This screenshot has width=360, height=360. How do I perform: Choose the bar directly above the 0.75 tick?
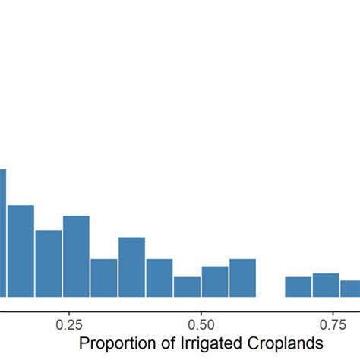pos(326,285)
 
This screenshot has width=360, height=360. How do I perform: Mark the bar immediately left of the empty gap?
pos(243,278)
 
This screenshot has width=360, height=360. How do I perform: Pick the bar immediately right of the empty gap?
pos(298,287)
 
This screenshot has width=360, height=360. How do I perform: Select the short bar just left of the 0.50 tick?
pos(187,287)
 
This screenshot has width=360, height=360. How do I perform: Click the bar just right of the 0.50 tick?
pos(215,282)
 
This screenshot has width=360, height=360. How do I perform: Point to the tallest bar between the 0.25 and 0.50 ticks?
pos(131,267)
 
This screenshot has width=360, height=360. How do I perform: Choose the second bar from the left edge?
pos(21,251)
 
